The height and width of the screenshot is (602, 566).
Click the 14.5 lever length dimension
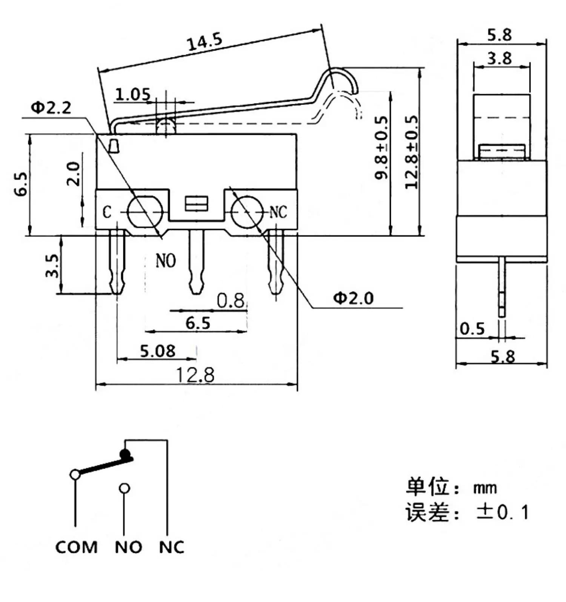205,42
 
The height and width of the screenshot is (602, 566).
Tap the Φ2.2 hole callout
51,108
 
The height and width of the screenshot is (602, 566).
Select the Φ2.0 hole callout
353,298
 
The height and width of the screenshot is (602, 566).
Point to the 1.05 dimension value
132,94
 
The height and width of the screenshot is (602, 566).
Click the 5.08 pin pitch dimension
158,351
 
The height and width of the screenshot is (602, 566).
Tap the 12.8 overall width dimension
195,375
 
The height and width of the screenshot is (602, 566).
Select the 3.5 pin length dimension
52,266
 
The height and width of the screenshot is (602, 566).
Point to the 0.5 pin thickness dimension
472,329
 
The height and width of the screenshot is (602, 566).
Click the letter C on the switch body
107,212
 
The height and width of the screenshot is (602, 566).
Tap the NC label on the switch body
278,213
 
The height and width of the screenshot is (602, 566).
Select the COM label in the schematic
76,547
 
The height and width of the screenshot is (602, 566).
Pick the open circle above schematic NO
124,488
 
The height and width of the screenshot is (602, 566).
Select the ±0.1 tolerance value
502,512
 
